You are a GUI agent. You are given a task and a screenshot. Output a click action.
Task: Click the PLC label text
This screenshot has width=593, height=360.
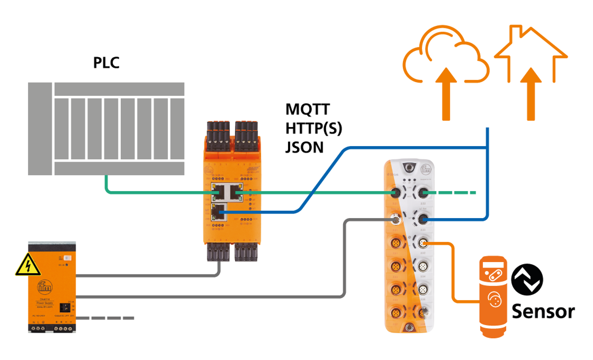pyautogui.click(x=106, y=63)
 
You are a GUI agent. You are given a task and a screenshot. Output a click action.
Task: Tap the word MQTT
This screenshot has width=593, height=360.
pyautogui.click(x=308, y=110)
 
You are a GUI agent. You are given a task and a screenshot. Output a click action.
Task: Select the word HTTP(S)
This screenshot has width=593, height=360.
pyautogui.click(x=313, y=128)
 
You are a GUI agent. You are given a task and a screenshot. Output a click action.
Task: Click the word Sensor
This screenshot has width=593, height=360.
pyautogui.click(x=543, y=312)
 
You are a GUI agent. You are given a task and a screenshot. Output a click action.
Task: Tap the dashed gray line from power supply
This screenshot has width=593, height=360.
pyautogui.click(x=106, y=318)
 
